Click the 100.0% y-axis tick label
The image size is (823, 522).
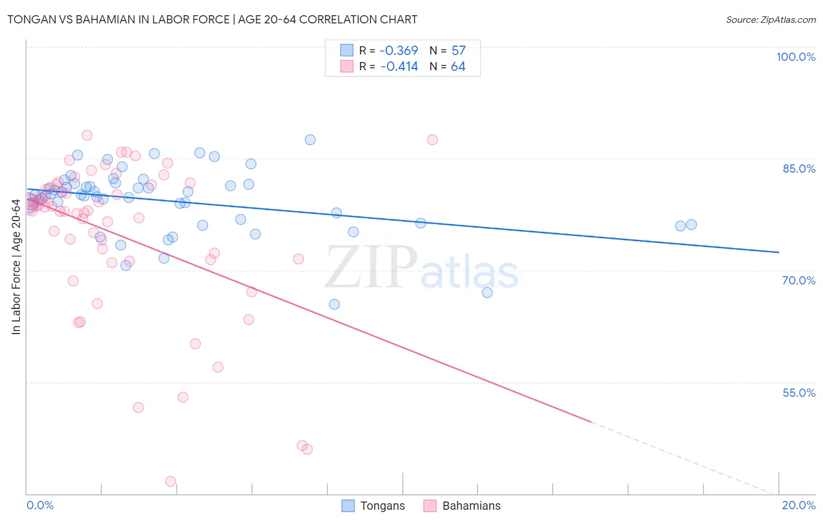click(x=795, y=57)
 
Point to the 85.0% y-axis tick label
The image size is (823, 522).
click(x=799, y=169)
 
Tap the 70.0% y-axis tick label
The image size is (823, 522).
click(x=799, y=280)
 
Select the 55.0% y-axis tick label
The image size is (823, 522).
click(x=799, y=393)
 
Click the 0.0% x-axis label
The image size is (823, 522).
click(x=40, y=505)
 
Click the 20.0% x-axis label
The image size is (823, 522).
click(x=798, y=505)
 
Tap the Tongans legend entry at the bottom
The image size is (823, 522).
click(x=373, y=506)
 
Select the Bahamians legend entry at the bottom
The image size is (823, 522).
click(x=462, y=506)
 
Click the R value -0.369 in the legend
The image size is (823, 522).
click(x=399, y=51)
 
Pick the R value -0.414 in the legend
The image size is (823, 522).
click(x=399, y=67)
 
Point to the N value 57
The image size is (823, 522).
click(x=458, y=51)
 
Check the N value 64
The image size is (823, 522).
click(x=458, y=67)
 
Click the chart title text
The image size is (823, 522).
click(x=212, y=19)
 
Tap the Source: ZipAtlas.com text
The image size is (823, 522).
click(x=770, y=19)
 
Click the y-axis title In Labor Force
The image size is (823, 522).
click(x=16, y=267)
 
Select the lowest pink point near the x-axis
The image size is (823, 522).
click(x=170, y=481)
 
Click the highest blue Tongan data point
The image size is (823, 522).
click(x=310, y=139)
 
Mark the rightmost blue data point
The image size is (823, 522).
click(x=691, y=225)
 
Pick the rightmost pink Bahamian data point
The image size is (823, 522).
click(x=433, y=139)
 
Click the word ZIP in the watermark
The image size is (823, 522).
click(x=371, y=267)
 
